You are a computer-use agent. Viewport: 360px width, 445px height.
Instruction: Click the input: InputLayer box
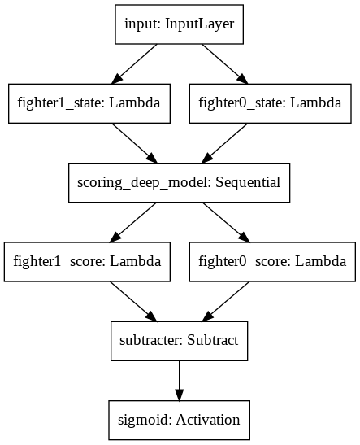click(x=179, y=24)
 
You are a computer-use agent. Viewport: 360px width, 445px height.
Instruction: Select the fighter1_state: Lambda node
click(x=89, y=103)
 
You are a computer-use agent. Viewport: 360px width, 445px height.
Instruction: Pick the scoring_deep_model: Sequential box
click(x=179, y=183)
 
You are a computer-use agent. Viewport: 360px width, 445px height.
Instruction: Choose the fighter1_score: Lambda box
click(x=89, y=263)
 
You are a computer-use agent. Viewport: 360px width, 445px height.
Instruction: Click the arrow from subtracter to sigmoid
click(x=179, y=382)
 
